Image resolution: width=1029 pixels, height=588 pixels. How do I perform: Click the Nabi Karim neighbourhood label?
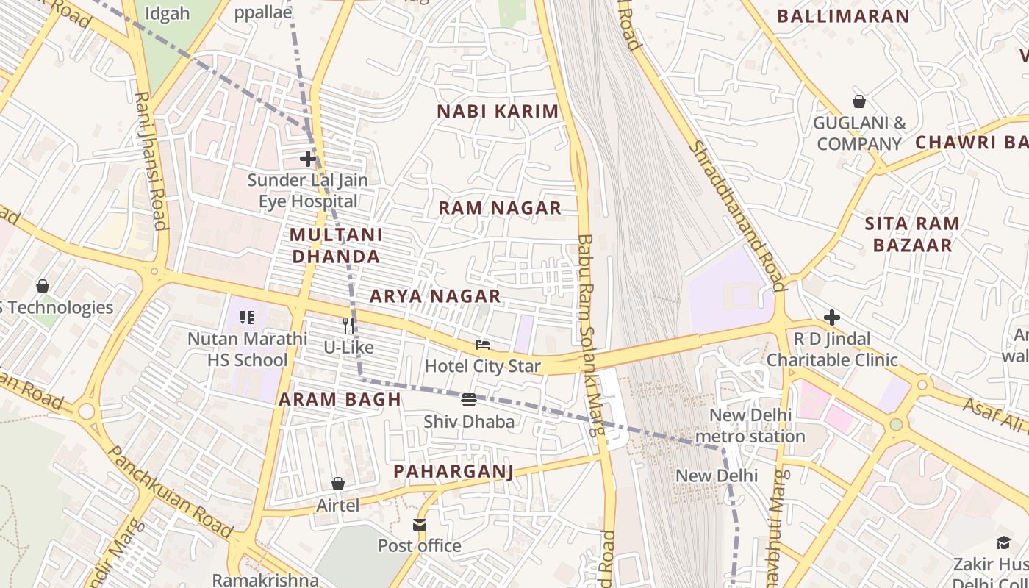coord(498,112)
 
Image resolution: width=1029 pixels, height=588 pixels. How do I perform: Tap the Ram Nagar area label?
coord(500,208)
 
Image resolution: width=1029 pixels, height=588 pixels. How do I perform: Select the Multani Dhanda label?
coord(336,245)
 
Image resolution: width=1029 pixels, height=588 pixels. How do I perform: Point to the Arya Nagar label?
coord(435,296)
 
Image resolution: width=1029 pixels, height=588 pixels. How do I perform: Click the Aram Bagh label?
coord(340,400)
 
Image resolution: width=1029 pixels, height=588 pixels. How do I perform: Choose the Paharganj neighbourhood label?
coord(453,471)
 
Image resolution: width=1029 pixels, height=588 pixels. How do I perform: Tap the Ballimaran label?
coord(843,16)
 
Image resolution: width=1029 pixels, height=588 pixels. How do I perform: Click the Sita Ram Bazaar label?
coord(912,234)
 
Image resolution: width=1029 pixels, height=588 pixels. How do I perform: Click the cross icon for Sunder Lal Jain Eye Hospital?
coord(308,159)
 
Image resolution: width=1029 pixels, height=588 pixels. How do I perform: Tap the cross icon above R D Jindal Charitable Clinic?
coord(832,318)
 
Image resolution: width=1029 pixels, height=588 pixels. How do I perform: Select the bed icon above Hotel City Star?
coord(483,345)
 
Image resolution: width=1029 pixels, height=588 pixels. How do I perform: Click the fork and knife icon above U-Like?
coord(349,326)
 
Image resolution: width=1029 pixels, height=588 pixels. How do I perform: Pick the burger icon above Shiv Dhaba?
coord(469,400)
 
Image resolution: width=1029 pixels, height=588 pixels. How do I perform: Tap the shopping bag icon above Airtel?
coord(338,484)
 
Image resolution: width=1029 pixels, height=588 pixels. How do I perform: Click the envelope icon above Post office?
coord(420,525)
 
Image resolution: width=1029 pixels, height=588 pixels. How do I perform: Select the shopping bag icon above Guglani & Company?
coord(858,101)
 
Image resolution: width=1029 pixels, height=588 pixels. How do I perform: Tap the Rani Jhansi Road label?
coord(151,160)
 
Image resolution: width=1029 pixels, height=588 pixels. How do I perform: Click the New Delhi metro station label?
coord(750,426)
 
